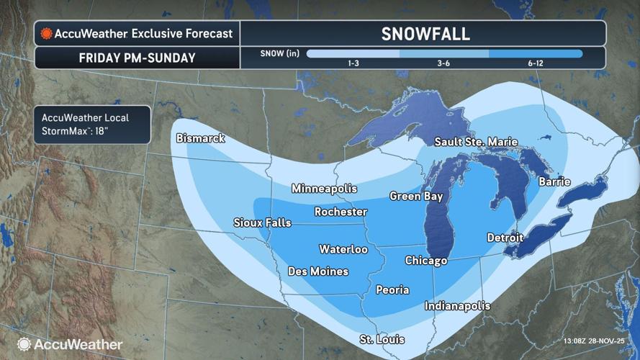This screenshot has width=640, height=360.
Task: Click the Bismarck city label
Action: (x=201, y=138)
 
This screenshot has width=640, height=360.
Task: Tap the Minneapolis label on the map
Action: (x=324, y=189)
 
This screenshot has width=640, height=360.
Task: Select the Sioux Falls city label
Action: (x=262, y=223)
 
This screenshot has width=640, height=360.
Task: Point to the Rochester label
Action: (x=341, y=212)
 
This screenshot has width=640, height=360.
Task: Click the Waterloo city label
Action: (x=343, y=249)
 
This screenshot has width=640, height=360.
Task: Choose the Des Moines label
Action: (x=317, y=271)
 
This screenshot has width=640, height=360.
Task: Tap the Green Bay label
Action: (x=416, y=196)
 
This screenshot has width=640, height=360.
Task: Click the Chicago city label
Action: (x=426, y=261)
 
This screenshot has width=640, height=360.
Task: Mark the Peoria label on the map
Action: (x=392, y=290)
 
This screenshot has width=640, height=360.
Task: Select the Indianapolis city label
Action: (x=457, y=306)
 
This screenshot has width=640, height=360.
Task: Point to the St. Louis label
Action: (x=382, y=339)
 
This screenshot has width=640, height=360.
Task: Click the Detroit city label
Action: (x=505, y=237)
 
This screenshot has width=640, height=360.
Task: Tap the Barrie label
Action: (x=555, y=181)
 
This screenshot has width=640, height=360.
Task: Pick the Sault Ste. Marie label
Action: (x=476, y=142)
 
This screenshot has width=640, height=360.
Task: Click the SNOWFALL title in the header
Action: (x=425, y=34)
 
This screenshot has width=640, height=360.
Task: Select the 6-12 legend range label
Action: (x=536, y=64)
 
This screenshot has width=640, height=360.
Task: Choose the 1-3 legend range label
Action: (x=354, y=64)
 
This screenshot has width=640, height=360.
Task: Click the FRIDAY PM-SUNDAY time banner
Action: (x=137, y=58)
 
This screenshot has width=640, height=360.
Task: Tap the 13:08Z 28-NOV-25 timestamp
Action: (x=594, y=341)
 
